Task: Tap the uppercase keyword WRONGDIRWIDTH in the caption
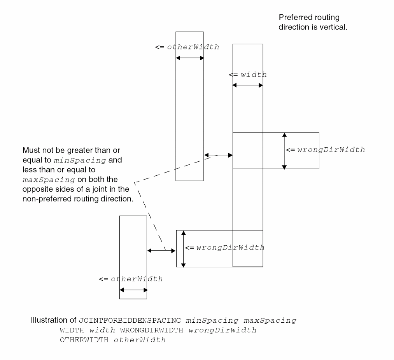pos(148,330)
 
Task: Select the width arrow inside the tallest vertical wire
pos(248,85)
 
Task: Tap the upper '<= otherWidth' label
pos(187,47)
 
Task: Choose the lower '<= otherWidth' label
pos(131,279)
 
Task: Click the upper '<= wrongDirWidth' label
pos(326,150)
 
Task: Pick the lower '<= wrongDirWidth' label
pos(224,248)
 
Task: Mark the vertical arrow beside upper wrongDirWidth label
pos(284,151)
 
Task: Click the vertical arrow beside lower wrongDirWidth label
pos(184,248)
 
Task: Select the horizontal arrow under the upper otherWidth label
pos(190,58)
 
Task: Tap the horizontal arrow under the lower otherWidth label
pos(133,290)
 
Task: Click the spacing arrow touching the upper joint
pos(218,155)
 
